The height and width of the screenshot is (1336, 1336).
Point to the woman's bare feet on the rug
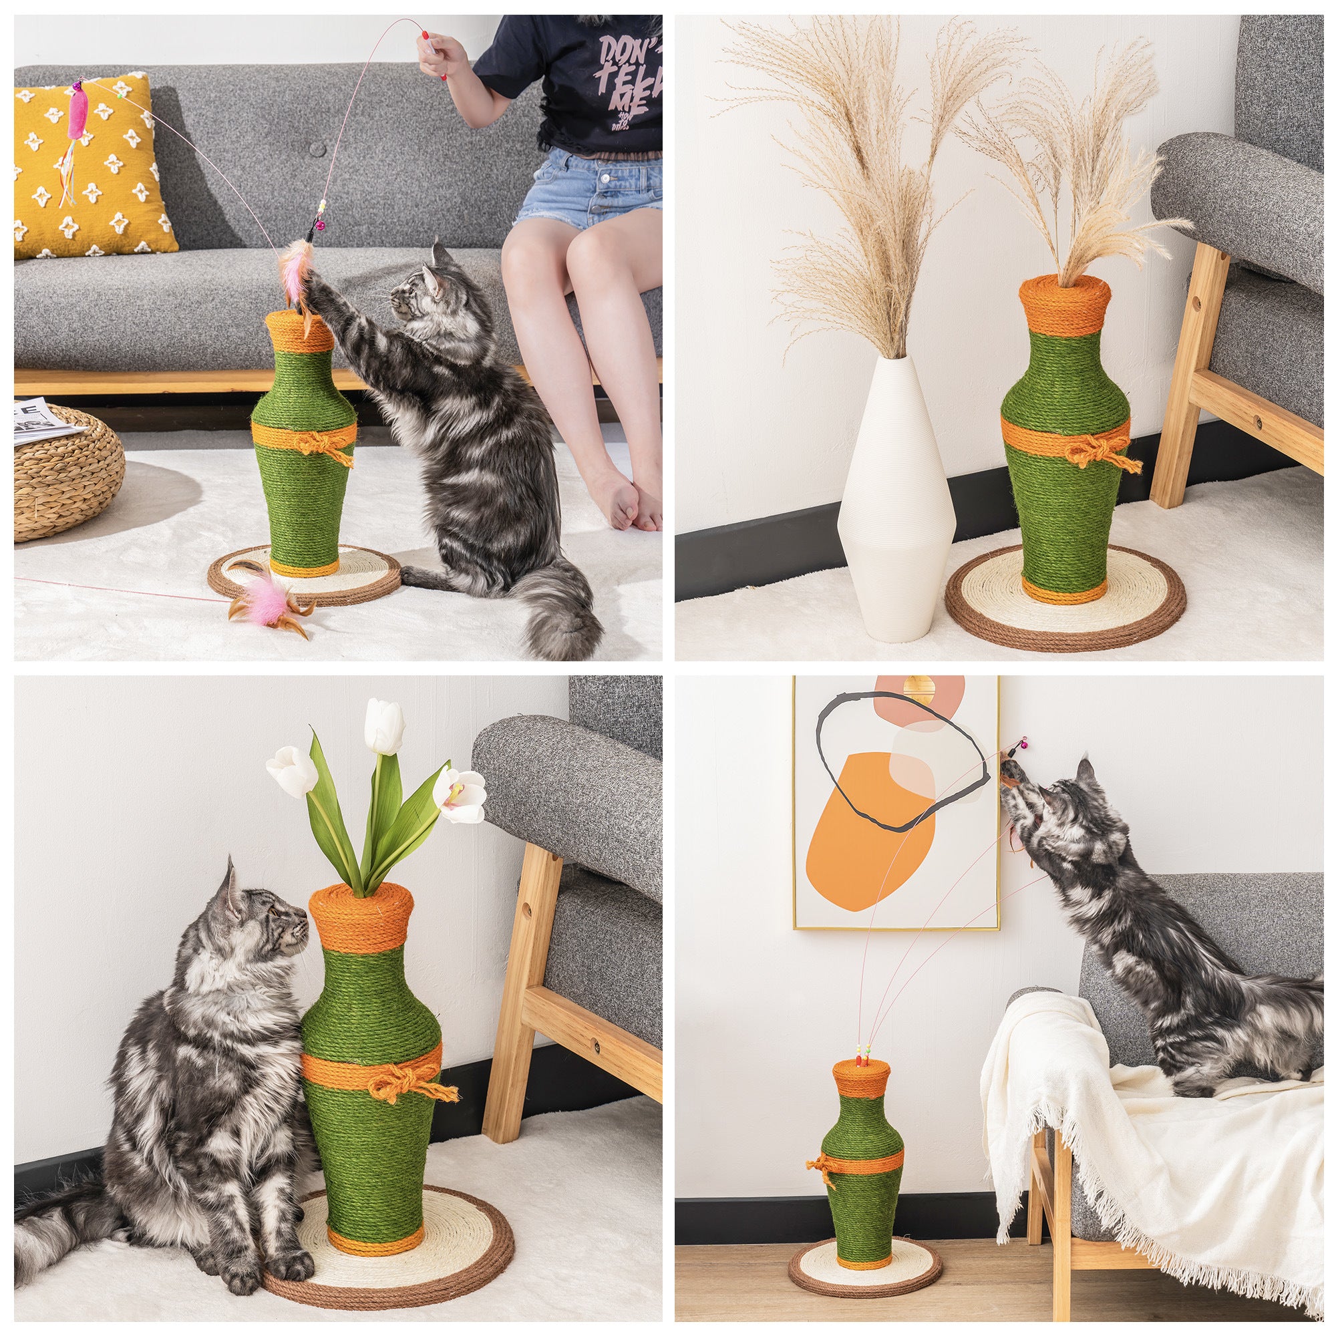pyautogui.click(x=626, y=498)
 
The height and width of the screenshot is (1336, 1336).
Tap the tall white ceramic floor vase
pyautogui.click(x=895, y=498)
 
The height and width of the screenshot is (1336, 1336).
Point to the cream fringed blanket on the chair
pyautogui.click(x=1134, y=1148)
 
